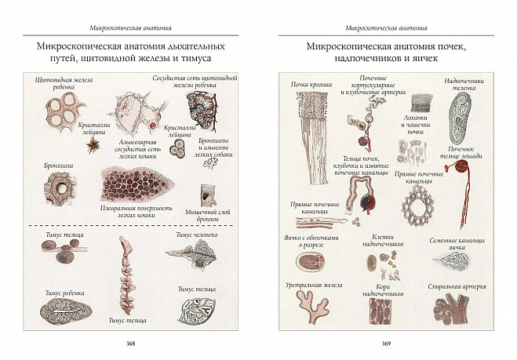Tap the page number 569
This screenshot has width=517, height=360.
click(385, 343)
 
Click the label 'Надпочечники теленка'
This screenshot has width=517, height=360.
click(464, 85)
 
